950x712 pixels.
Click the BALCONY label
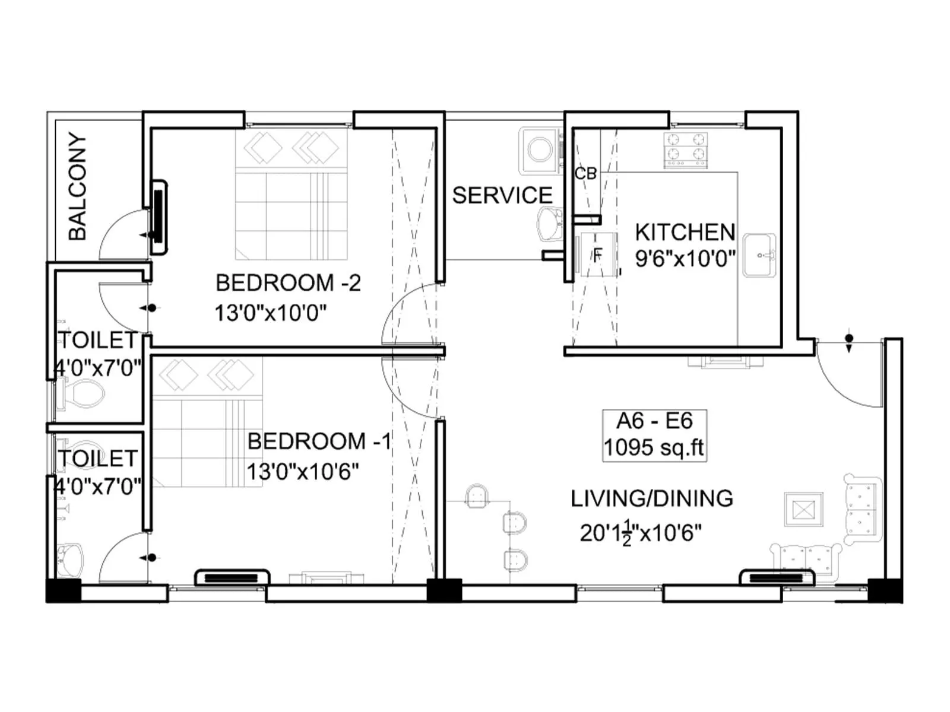coord(78,186)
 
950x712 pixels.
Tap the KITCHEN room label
coord(685,232)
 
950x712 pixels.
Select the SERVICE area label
coord(502,195)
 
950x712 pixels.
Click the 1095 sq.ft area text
coord(654,448)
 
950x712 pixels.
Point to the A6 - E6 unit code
coord(654,421)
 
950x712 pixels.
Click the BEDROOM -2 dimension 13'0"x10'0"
coord(271,312)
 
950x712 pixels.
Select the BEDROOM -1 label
coord(319,441)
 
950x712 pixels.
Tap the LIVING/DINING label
coord(652,498)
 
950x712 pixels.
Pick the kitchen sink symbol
coord(759,255)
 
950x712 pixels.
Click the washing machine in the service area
coord(540,150)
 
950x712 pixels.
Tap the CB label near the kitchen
coord(585,174)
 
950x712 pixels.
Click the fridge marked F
coord(597,255)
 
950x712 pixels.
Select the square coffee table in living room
coord(803,509)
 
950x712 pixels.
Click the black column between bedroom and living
coord(444,590)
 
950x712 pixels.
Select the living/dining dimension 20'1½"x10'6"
coord(640,533)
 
